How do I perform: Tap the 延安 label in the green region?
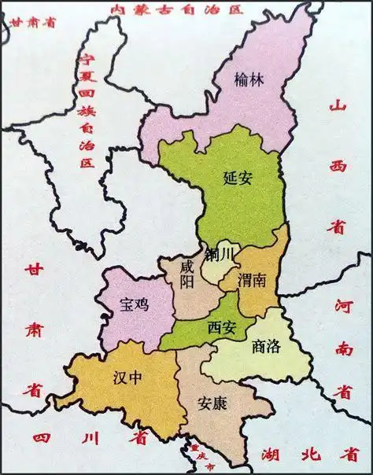(237, 179)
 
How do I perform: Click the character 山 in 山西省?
(338, 107)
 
